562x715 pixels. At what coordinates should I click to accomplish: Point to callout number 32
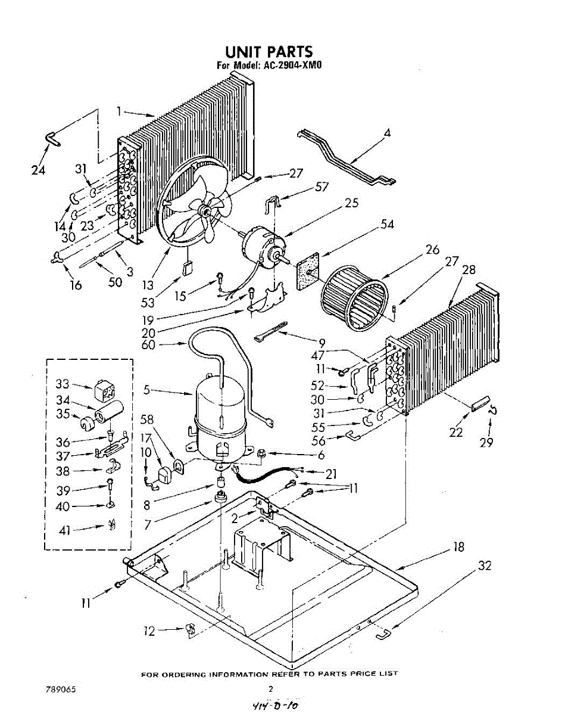(485, 565)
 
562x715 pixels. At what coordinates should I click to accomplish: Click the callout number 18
(458, 546)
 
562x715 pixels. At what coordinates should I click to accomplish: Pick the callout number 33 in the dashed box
(63, 383)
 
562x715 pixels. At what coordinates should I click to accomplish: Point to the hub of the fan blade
(205, 209)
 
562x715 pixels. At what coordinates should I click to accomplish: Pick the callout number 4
(387, 133)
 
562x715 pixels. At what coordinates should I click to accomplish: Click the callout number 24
(38, 170)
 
